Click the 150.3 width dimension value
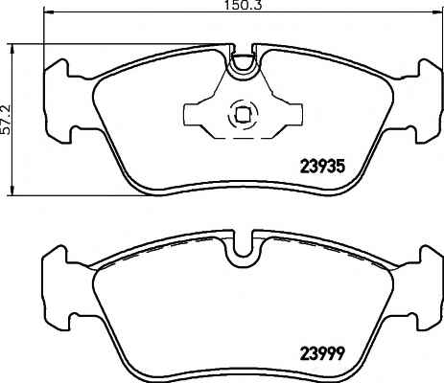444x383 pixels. (242, 5)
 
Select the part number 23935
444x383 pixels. (322, 166)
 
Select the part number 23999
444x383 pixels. (322, 353)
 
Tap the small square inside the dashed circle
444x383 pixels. (242, 115)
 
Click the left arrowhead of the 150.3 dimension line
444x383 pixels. (48, 11)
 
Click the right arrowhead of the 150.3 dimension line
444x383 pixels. (438, 11)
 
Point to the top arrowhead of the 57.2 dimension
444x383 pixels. (12, 49)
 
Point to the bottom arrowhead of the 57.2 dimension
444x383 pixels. (12, 190)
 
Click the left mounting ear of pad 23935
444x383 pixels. (58, 101)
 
